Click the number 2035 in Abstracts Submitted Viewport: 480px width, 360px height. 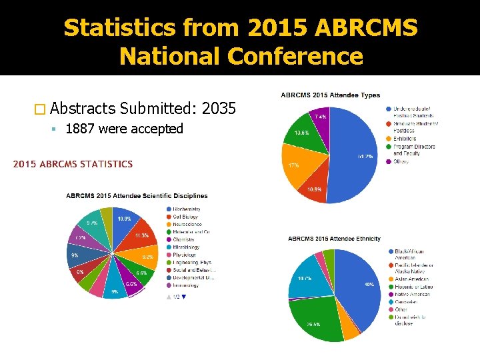[218, 107]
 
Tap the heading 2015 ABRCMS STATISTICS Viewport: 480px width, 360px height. [73, 164]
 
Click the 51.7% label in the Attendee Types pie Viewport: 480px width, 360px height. [364, 156]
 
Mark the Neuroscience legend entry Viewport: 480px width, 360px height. [187, 224]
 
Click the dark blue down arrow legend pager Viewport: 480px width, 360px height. [185, 297]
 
